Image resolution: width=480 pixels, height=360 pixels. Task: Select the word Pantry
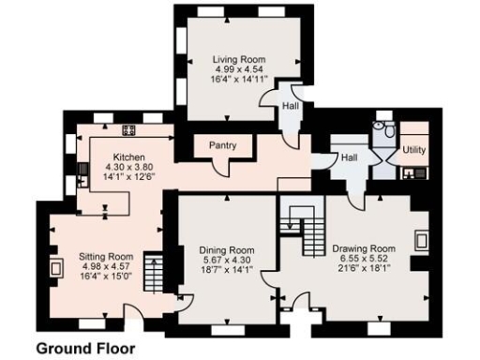tap(222, 145)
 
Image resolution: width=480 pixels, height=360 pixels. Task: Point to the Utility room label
tap(413, 150)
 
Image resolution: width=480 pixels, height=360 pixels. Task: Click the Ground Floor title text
tap(85, 348)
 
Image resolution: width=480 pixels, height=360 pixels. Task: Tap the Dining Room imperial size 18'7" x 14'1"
tap(227, 271)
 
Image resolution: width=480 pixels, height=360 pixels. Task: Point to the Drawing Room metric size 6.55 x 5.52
tap(363, 259)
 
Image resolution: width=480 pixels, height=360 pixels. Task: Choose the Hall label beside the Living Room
tap(292, 107)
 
